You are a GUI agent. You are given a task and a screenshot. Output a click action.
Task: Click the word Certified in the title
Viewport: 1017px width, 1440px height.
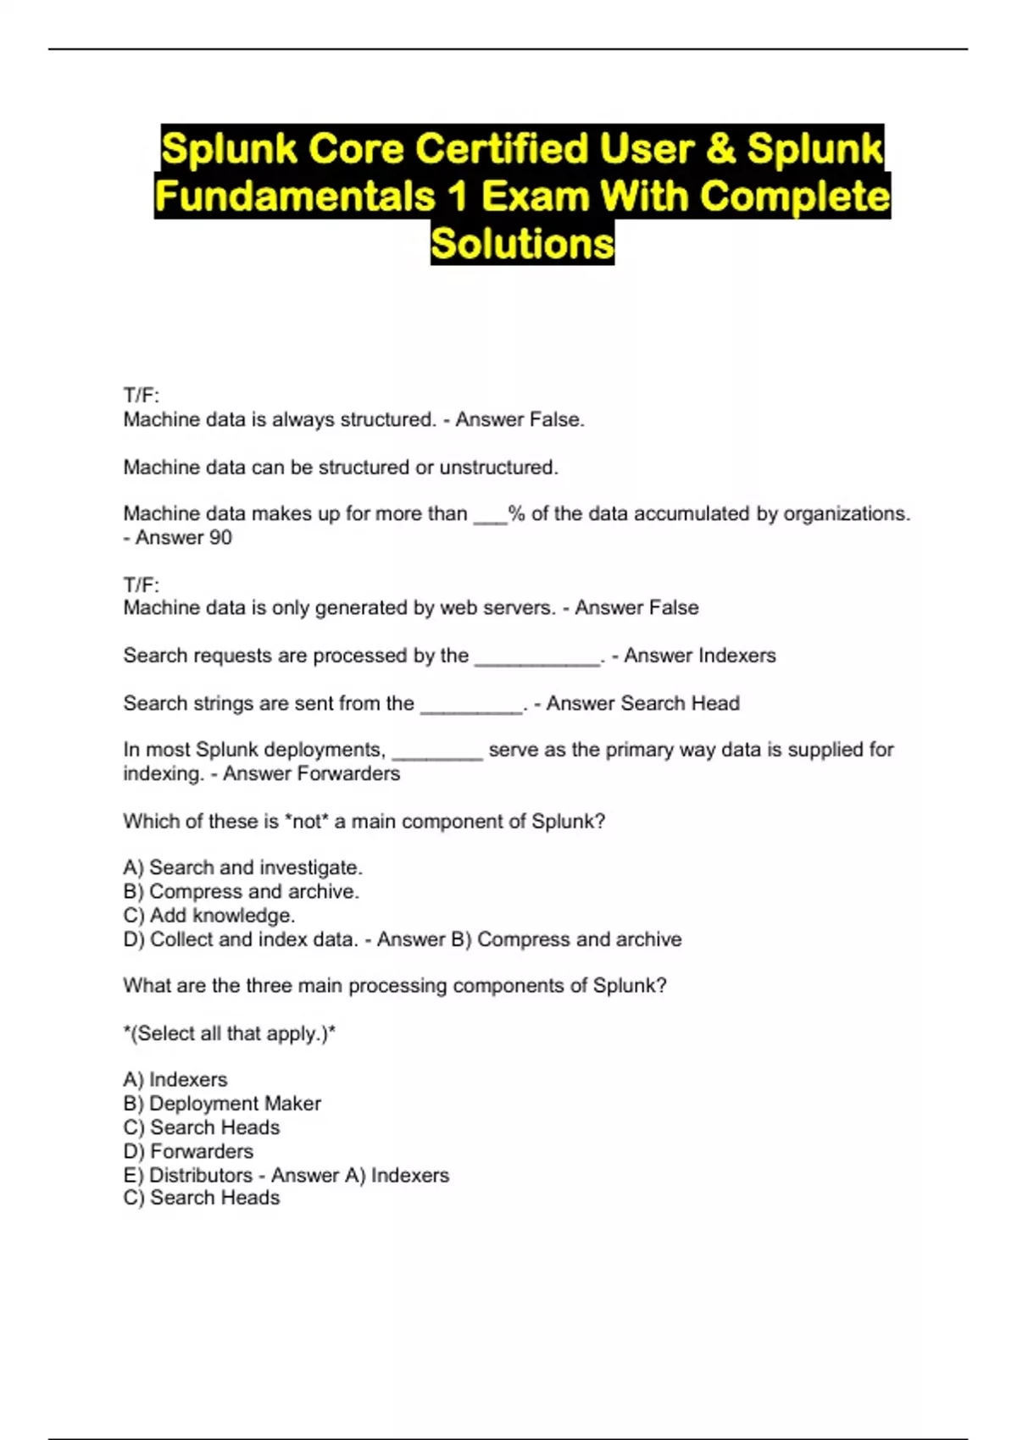502,149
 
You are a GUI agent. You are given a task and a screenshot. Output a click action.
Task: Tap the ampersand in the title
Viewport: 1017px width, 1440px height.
720,149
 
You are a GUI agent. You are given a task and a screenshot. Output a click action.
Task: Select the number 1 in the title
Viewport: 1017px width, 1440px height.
458,197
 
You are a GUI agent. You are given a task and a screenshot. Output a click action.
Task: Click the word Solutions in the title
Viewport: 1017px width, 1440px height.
522,244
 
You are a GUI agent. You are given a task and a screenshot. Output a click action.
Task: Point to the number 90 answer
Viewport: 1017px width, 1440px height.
220,538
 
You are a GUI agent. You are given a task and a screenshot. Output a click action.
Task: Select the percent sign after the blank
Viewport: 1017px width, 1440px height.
516,514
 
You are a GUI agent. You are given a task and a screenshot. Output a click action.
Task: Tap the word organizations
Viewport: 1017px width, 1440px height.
846,514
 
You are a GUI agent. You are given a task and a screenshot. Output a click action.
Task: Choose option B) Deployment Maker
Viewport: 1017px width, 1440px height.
222,1104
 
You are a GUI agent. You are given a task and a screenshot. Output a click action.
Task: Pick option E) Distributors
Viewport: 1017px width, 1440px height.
187,1176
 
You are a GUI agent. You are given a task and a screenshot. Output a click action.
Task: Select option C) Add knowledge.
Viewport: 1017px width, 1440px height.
209,916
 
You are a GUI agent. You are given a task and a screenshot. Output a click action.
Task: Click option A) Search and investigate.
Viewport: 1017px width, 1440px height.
242,868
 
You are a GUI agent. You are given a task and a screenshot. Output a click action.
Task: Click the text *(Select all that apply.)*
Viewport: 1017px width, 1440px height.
229,1033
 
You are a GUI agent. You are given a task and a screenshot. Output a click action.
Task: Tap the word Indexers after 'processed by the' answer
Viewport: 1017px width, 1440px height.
735,656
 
